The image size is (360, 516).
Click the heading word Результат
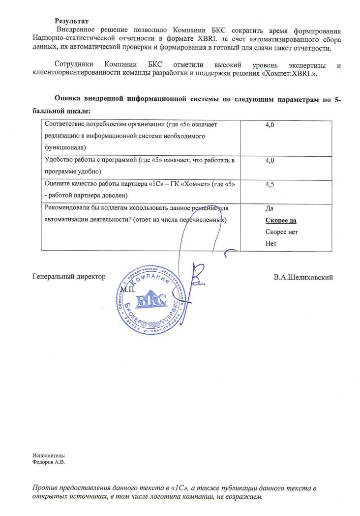click(72, 21)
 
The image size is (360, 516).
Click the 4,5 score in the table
click(270, 184)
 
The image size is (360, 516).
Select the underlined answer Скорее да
click(280, 221)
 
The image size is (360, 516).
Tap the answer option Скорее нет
click(281, 232)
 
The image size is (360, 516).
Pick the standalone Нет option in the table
click(270, 243)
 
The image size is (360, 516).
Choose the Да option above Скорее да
click(270, 208)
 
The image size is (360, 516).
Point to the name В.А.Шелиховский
click(303, 278)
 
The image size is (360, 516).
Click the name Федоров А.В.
click(49, 462)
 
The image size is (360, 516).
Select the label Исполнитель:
click(49, 456)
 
